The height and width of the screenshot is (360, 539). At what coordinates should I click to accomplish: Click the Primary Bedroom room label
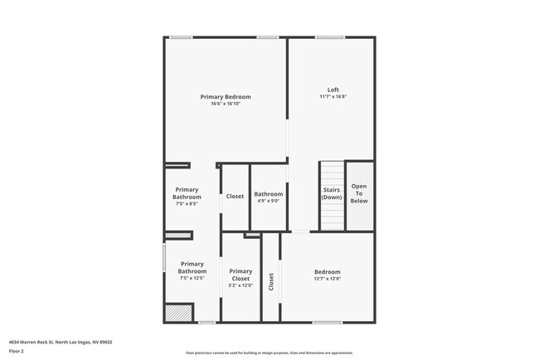pyautogui.click(x=225, y=97)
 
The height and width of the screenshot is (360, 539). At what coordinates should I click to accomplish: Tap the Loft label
pyautogui.click(x=333, y=90)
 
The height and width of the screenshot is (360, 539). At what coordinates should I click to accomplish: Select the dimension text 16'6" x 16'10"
pyautogui.click(x=225, y=104)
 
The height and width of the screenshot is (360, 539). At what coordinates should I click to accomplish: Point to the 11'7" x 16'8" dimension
pyautogui.click(x=333, y=96)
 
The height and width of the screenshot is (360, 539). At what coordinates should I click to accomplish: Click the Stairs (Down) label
pyautogui.click(x=331, y=193)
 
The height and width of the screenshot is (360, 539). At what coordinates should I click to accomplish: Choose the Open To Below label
pyautogui.click(x=359, y=193)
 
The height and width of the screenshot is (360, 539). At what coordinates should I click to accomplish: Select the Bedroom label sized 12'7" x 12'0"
pyautogui.click(x=327, y=272)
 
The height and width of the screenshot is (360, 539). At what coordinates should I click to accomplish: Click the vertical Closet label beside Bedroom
pyautogui.click(x=271, y=281)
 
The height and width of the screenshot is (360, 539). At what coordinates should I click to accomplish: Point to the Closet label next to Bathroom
pyautogui.click(x=235, y=197)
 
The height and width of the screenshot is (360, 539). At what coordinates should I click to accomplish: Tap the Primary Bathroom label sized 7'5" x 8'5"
pyautogui.click(x=187, y=193)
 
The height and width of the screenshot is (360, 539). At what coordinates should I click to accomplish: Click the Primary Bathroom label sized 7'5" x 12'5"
pyautogui.click(x=192, y=267)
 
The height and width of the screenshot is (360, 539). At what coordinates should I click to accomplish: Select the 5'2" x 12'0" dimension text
pyautogui.click(x=240, y=285)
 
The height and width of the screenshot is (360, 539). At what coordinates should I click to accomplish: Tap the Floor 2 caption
pyautogui.click(x=17, y=351)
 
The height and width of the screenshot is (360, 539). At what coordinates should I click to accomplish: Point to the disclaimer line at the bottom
pyautogui.click(x=269, y=353)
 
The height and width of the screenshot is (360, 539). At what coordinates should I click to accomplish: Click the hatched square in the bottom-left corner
pyautogui.click(x=177, y=313)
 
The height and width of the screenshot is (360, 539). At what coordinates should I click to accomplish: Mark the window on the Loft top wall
pyautogui.click(x=329, y=36)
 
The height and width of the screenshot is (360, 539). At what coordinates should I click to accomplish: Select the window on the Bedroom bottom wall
pyautogui.click(x=327, y=322)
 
